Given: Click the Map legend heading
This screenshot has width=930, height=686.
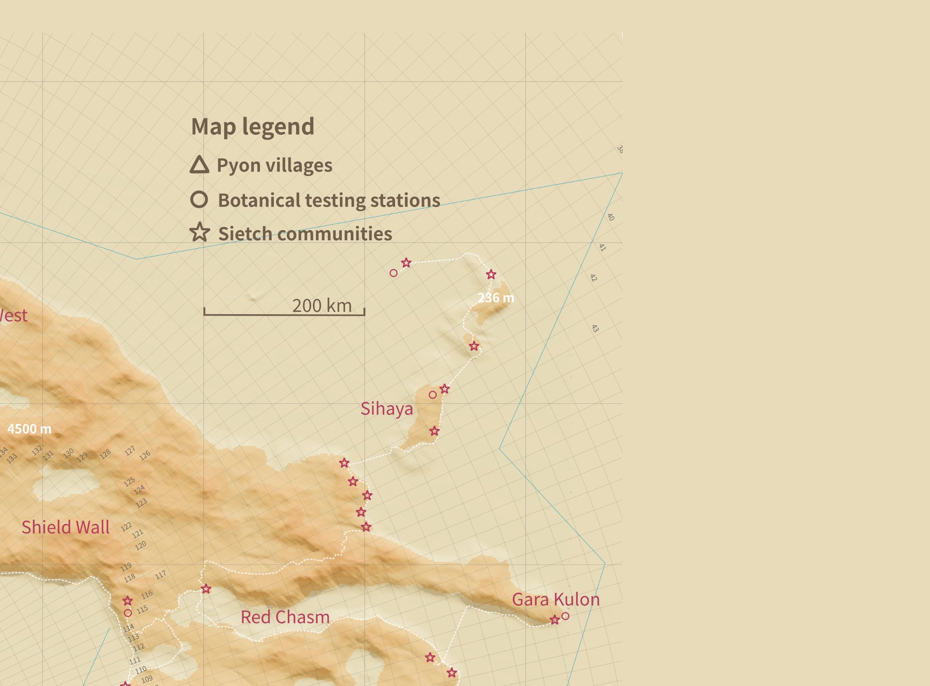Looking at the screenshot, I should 252,127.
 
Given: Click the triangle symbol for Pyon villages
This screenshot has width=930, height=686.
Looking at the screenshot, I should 199,165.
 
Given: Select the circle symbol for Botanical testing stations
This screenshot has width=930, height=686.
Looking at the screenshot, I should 199,199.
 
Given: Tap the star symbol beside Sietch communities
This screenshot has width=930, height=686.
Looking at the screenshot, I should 200,232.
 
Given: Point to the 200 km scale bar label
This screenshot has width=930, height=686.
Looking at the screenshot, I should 322,305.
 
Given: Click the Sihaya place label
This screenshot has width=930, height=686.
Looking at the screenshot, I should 386,409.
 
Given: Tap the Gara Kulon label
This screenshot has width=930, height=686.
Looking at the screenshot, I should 556,600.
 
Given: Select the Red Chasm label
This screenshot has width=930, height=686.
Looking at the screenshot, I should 285,617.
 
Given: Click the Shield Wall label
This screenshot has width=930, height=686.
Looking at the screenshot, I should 66,528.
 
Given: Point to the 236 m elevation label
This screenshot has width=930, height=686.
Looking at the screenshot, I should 496,298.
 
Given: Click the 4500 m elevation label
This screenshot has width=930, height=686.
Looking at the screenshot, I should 29,429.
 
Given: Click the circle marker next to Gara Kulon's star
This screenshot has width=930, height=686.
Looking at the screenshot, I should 565,616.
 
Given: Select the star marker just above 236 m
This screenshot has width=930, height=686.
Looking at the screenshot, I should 491,275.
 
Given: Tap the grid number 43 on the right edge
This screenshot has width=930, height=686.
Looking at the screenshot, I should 595,329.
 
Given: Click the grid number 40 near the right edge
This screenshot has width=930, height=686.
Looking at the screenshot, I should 611,217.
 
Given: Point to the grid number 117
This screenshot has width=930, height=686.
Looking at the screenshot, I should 160,575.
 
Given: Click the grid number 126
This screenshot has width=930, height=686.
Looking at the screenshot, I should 145,455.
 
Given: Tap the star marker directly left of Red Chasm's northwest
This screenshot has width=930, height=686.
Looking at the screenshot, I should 206,589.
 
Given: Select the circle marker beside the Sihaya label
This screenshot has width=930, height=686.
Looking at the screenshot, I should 432,395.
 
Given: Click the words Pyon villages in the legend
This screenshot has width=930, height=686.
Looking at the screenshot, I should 274,165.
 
